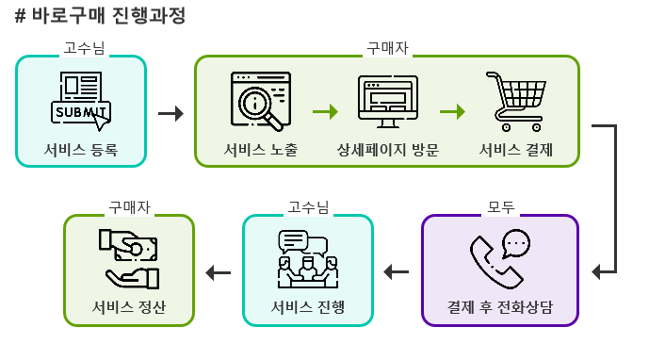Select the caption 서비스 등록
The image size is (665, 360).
[x=81, y=150]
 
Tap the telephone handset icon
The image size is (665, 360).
[x=500, y=259]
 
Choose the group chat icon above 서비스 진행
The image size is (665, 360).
[x=307, y=259]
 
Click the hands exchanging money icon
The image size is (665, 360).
[x=129, y=259]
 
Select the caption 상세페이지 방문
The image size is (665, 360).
[x=387, y=150]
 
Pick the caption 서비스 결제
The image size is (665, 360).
[x=515, y=150]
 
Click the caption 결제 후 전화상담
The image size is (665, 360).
[x=499, y=308]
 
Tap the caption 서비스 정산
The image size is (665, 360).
[x=129, y=308]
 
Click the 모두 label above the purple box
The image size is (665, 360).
[x=500, y=206]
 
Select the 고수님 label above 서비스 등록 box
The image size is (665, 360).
[x=81, y=47]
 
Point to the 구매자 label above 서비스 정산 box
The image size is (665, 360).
[x=129, y=206]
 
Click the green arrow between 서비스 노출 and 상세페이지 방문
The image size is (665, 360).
[x=325, y=112]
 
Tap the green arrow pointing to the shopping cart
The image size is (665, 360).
[x=453, y=112]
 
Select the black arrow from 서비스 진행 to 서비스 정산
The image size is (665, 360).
[x=219, y=273]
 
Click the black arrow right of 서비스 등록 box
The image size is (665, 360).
[x=170, y=113]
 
